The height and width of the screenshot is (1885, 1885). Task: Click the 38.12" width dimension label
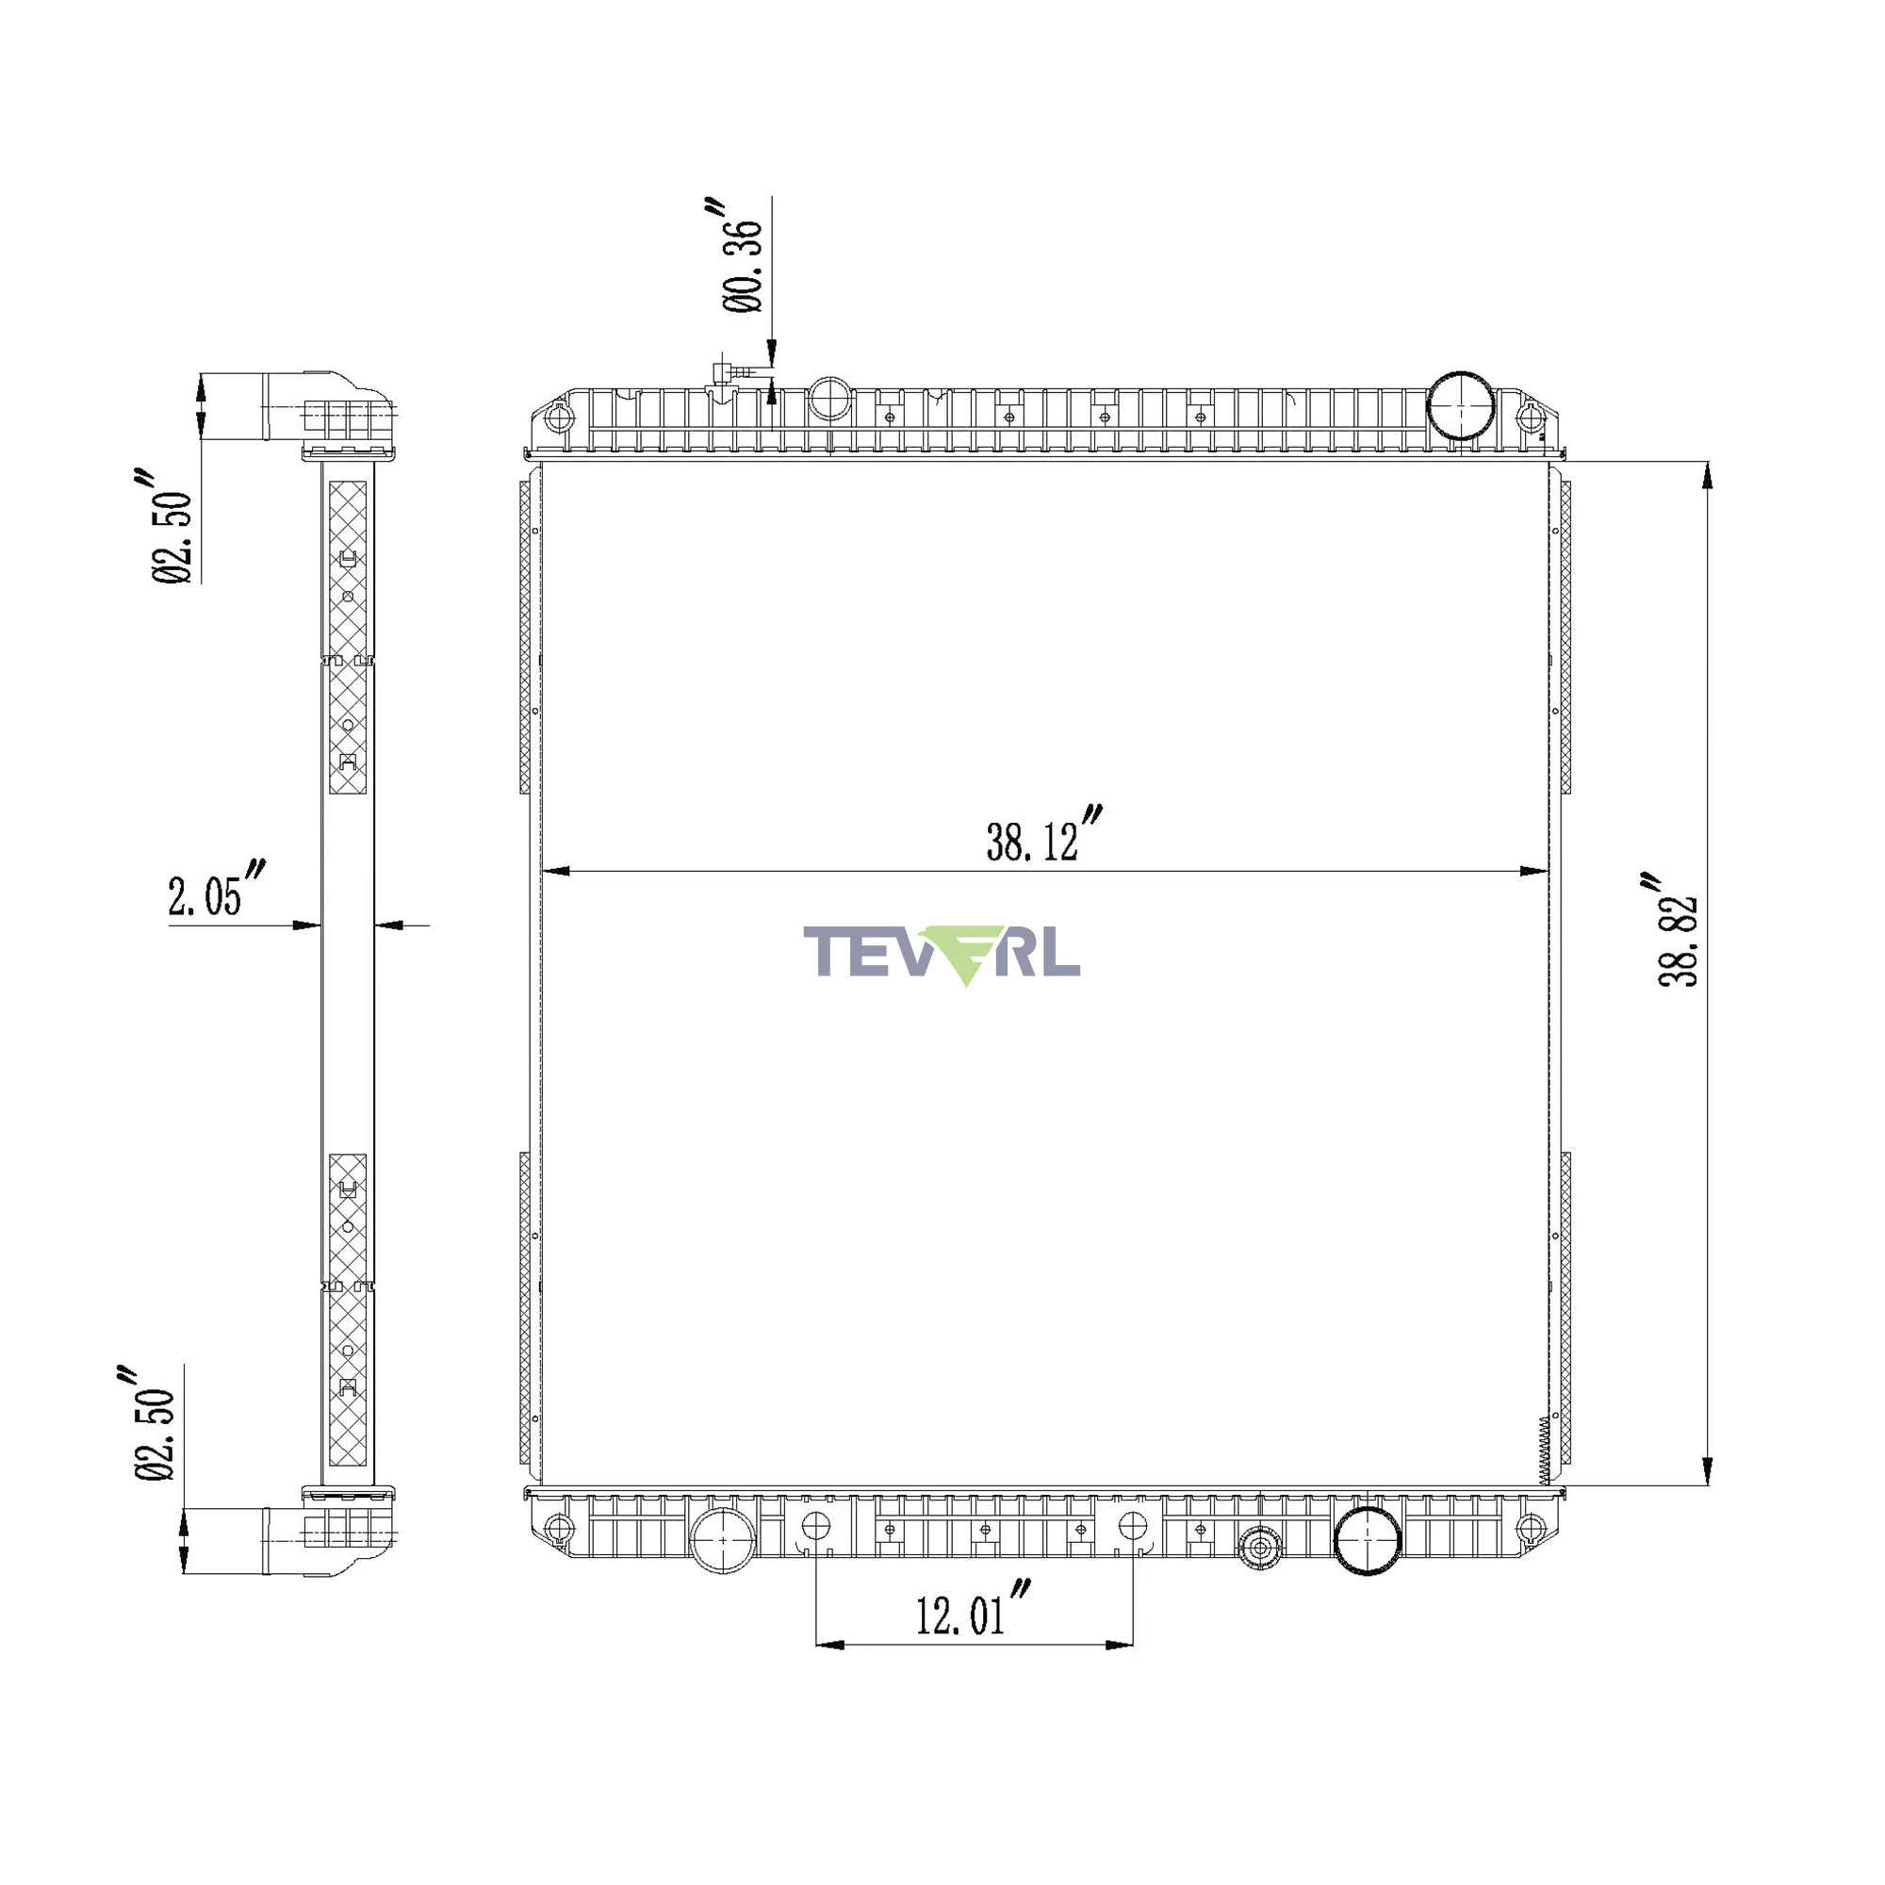[x=1045, y=836]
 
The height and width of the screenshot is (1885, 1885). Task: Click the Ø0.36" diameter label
[x=742, y=255]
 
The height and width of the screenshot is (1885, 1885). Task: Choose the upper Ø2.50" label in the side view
[x=172, y=527]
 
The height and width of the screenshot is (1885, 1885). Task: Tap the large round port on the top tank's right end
[x=1461, y=406]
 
